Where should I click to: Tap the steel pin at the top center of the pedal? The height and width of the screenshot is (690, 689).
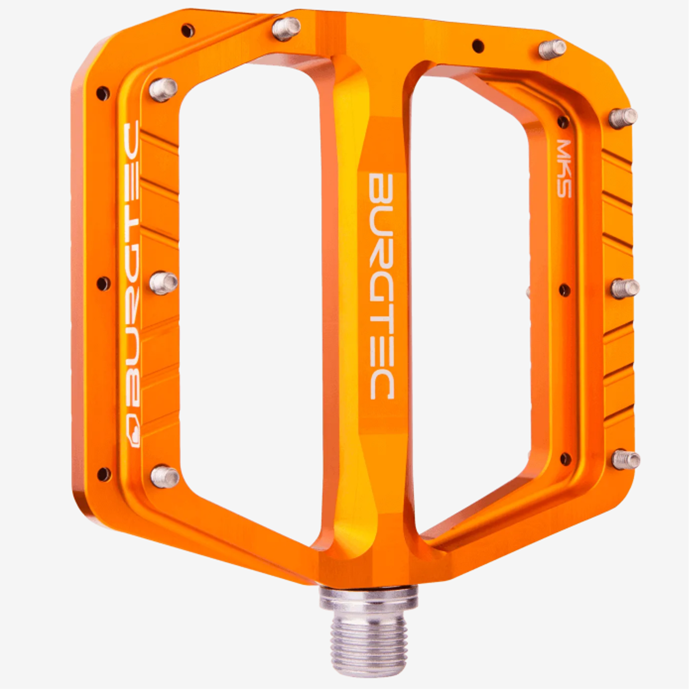click(286, 29)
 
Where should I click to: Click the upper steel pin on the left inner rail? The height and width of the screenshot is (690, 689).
click(163, 90)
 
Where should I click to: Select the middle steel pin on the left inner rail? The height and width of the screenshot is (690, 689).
click(163, 283)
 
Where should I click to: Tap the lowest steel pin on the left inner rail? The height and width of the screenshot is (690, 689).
click(165, 477)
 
